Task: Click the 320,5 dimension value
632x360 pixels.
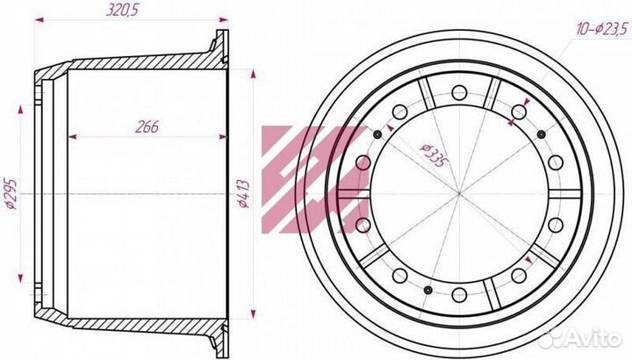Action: (x=122, y=10)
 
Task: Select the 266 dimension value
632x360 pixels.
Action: (x=147, y=126)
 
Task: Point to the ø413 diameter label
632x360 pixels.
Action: (x=244, y=194)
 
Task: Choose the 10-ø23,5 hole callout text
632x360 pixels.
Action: (x=602, y=29)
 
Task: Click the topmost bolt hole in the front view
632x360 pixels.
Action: (x=459, y=93)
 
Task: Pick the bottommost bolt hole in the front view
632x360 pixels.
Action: (x=459, y=295)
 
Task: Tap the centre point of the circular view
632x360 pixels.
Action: (x=459, y=194)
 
